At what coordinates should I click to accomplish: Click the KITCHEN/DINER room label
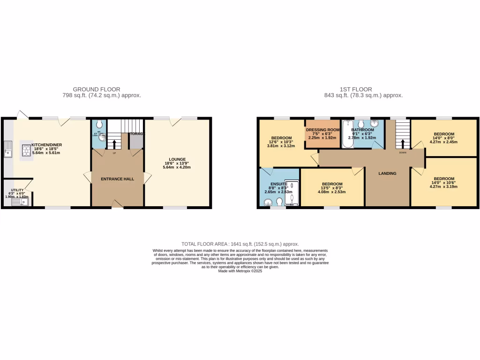tap(46, 144)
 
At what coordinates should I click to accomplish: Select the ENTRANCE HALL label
tap(117, 179)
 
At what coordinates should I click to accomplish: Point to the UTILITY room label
tap(17, 190)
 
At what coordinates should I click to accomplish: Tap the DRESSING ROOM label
tap(322, 129)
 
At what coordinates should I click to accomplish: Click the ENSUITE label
tap(278, 184)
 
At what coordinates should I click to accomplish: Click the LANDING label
tap(387, 173)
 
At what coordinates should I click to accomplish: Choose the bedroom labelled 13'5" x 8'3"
tap(332, 184)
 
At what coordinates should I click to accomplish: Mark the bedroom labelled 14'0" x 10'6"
tap(443, 179)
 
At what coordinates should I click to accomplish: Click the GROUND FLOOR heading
tap(97, 89)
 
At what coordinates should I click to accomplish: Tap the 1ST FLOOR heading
tap(356, 89)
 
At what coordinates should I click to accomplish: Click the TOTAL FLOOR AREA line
tap(240, 244)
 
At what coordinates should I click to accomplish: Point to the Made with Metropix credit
tap(240, 271)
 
